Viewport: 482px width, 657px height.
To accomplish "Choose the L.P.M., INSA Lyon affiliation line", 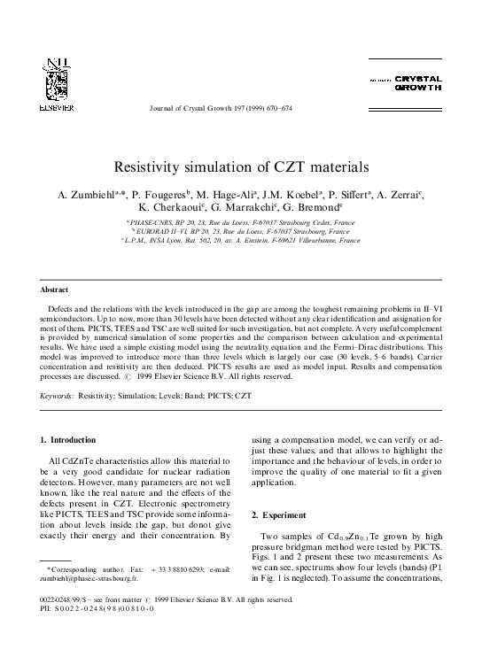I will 240,240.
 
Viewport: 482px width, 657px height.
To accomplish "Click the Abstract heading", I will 56,290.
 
